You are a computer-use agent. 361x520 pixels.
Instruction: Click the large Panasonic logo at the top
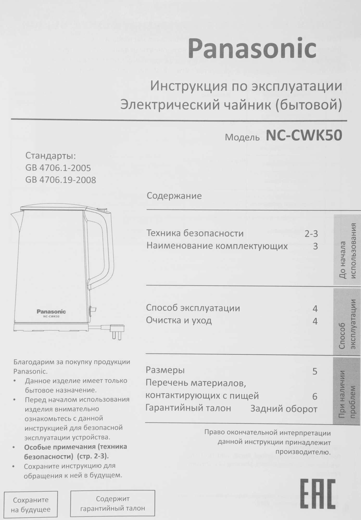coord(253,49)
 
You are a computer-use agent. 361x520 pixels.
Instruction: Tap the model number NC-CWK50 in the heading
coord(304,136)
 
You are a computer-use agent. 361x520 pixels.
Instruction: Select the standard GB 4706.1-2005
coord(58,168)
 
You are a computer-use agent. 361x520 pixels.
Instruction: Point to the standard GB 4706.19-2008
coord(61,180)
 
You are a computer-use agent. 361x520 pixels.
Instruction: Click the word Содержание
coord(174,196)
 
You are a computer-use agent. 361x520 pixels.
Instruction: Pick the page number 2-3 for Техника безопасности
coord(311,234)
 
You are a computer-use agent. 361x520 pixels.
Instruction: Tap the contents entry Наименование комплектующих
coord(217,246)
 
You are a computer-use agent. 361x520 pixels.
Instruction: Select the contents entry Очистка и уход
coord(179,320)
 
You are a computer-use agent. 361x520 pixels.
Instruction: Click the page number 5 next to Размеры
coord(315,372)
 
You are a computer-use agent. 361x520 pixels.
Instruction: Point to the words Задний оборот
coord(284,409)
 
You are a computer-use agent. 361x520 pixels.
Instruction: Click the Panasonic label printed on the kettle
coord(51,311)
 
